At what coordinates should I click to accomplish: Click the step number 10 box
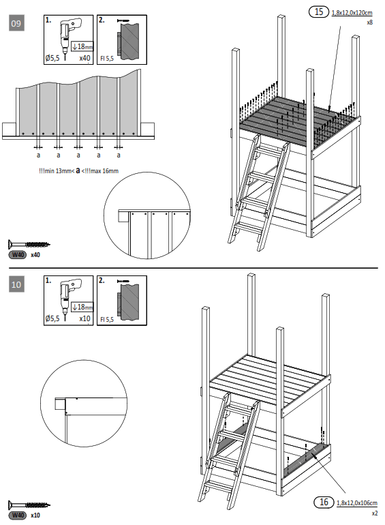click(x=16, y=284)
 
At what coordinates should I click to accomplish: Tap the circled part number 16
click(x=324, y=502)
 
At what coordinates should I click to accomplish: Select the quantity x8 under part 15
click(x=369, y=22)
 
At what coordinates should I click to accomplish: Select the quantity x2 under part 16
click(x=374, y=513)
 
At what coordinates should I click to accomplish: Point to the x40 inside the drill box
click(x=84, y=59)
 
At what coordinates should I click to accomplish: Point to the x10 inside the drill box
click(x=84, y=318)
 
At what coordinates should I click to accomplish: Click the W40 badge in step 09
click(x=17, y=254)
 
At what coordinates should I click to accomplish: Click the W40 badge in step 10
click(x=17, y=515)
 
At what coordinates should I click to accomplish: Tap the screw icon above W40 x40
click(x=29, y=243)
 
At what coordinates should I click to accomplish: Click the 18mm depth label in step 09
click(x=82, y=46)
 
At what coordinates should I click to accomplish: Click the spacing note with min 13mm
click(x=78, y=170)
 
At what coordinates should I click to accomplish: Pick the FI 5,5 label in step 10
click(x=108, y=318)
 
